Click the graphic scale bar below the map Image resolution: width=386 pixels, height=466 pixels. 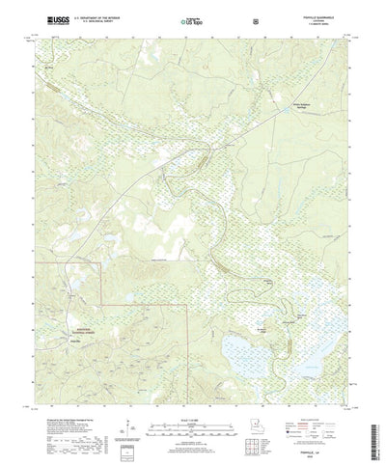click(192, 403)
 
